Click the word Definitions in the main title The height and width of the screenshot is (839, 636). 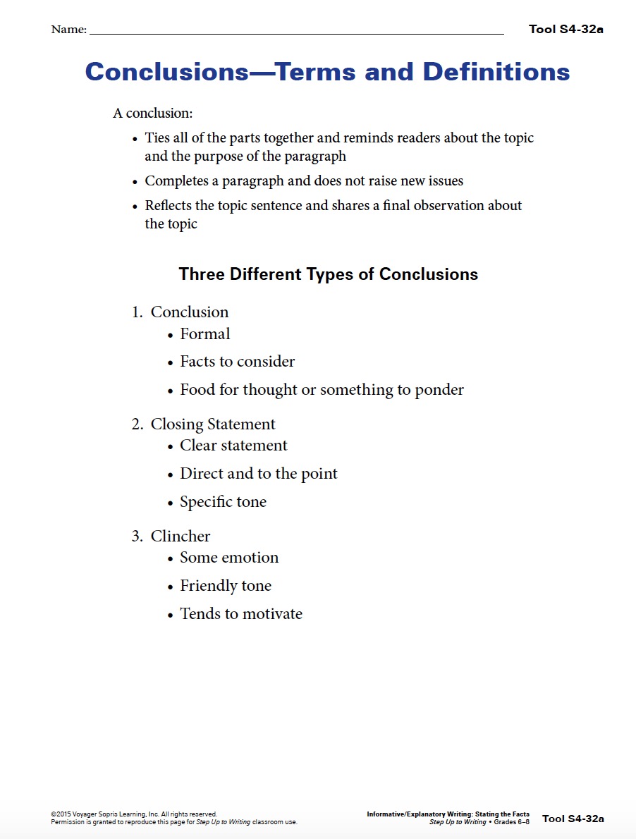point(496,72)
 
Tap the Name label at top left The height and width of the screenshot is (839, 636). point(68,30)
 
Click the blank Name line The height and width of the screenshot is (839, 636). point(296,32)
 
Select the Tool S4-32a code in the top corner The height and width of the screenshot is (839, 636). point(566,29)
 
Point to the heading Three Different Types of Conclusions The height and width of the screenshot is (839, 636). point(329,274)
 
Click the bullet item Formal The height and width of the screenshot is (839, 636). point(205,334)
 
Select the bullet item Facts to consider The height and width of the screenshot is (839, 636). point(237,362)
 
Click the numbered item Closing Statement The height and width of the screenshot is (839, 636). point(213,424)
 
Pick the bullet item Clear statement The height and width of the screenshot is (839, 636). point(233,446)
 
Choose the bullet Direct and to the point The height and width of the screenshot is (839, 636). point(259,474)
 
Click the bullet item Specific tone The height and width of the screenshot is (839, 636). point(223,502)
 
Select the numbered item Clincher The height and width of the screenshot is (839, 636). point(181,537)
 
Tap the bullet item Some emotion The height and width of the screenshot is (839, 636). point(229,558)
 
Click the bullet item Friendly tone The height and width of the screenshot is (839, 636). point(226,586)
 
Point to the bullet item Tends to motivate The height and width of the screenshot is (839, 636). point(241,614)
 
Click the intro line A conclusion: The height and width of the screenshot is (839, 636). point(153,113)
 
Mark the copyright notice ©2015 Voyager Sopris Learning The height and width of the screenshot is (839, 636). point(134,814)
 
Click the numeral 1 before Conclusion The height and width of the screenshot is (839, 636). point(136,312)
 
